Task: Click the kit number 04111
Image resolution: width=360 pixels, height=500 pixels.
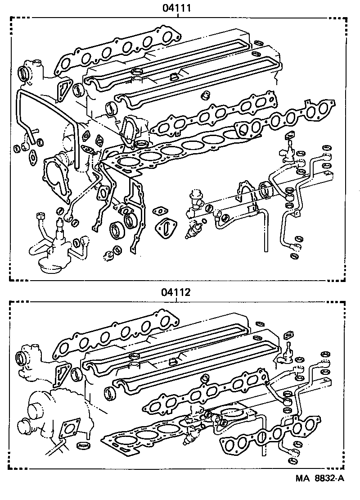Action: pyautogui.click(x=178, y=8)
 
